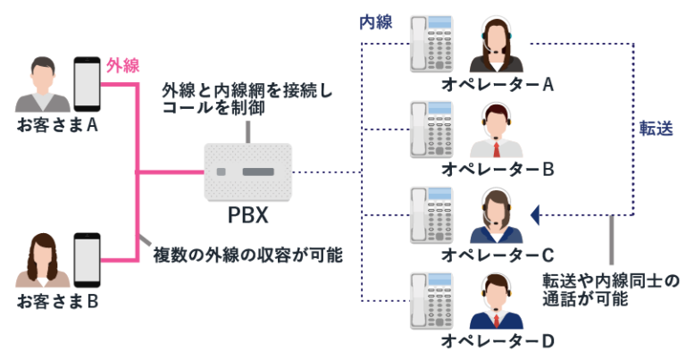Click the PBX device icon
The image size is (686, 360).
(247, 172)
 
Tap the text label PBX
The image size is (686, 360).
(247, 217)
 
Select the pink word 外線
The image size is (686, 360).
(123, 65)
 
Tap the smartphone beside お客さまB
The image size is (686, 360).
(87, 259)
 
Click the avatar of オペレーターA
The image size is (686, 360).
(498, 48)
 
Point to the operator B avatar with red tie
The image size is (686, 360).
(498, 131)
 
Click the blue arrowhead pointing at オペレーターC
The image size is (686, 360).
(535, 215)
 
